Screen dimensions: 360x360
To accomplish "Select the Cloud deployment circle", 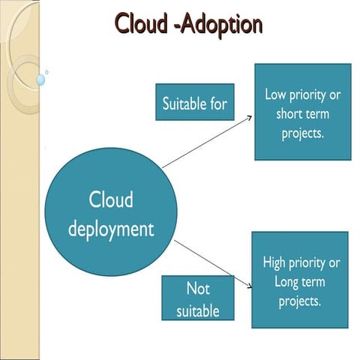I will [x=111, y=214].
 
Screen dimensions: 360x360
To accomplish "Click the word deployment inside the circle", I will [x=111, y=228].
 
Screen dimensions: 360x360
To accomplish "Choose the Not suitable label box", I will [x=198, y=298].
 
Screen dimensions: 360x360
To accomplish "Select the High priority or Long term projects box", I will [x=301, y=280].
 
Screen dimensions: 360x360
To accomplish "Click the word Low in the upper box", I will [x=276, y=95].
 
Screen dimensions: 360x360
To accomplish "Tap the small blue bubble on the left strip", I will [x=40, y=78].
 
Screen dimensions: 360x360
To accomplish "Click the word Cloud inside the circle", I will [x=111, y=200].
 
